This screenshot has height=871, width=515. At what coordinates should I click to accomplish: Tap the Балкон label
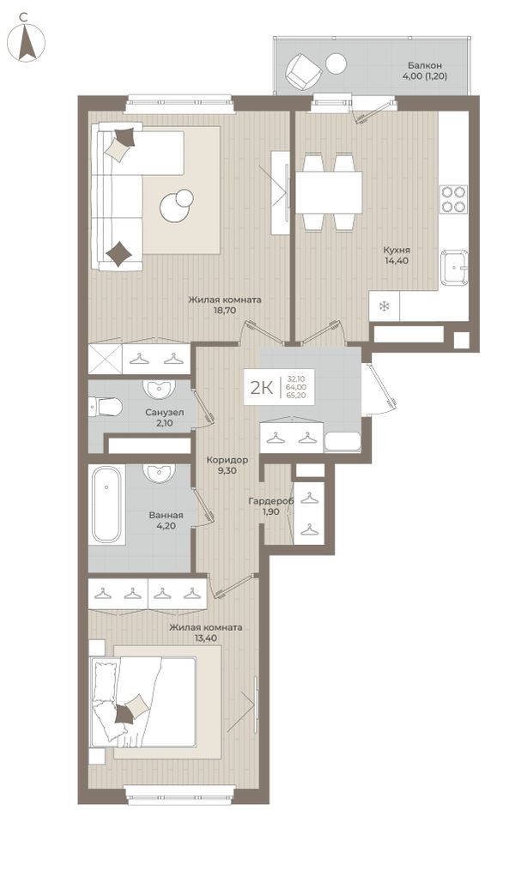[x=424, y=65]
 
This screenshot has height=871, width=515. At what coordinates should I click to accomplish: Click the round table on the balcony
[x=336, y=64]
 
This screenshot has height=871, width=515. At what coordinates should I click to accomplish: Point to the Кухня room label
[x=397, y=250]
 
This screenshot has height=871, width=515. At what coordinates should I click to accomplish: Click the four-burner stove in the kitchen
[x=453, y=199]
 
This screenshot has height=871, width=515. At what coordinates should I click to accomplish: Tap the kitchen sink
[x=454, y=268]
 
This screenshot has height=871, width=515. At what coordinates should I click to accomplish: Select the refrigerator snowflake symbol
[x=384, y=306]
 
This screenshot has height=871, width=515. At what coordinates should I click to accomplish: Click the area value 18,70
[x=224, y=310]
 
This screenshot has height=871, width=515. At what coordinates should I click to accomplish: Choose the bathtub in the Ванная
[x=106, y=505]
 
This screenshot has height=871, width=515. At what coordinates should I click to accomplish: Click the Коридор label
[x=227, y=460]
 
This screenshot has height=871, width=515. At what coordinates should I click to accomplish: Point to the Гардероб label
[x=270, y=502]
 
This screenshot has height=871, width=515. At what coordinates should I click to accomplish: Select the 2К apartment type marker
[x=261, y=388]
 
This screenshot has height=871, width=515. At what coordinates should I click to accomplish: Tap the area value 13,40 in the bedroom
[x=205, y=638]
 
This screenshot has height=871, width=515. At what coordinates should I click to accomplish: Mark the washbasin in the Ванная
[x=160, y=474]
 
